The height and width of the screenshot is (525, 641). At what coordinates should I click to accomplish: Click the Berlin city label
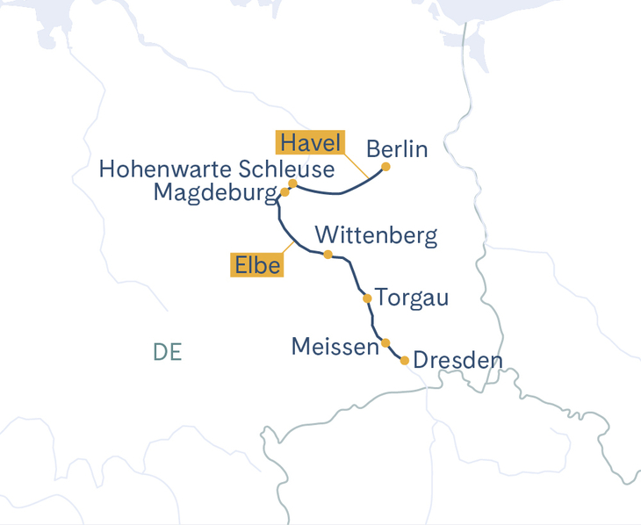(397, 148)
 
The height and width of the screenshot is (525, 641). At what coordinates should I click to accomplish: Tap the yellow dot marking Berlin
(385, 167)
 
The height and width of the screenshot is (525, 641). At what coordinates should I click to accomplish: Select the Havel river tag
(311, 142)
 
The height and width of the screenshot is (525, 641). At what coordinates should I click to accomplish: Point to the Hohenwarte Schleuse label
(217, 169)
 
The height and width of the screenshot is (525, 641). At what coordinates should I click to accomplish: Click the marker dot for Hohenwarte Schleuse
(292, 183)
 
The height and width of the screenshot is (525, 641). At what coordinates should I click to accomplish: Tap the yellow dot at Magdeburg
(285, 191)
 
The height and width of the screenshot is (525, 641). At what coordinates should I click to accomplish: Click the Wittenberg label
(376, 235)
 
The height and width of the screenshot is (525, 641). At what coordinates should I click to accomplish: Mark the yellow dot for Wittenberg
(328, 255)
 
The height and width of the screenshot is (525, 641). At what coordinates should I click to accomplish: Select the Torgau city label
(412, 298)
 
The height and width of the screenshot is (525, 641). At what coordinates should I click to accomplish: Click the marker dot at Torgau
(367, 298)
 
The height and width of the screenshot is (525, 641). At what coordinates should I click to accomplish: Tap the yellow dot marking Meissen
(385, 342)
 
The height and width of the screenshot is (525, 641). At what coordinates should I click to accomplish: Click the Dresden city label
(457, 361)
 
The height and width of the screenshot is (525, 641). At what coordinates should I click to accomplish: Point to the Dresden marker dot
(404, 360)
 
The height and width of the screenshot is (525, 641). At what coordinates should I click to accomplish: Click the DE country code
(167, 352)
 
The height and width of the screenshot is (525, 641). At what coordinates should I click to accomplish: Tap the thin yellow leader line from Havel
(357, 166)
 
